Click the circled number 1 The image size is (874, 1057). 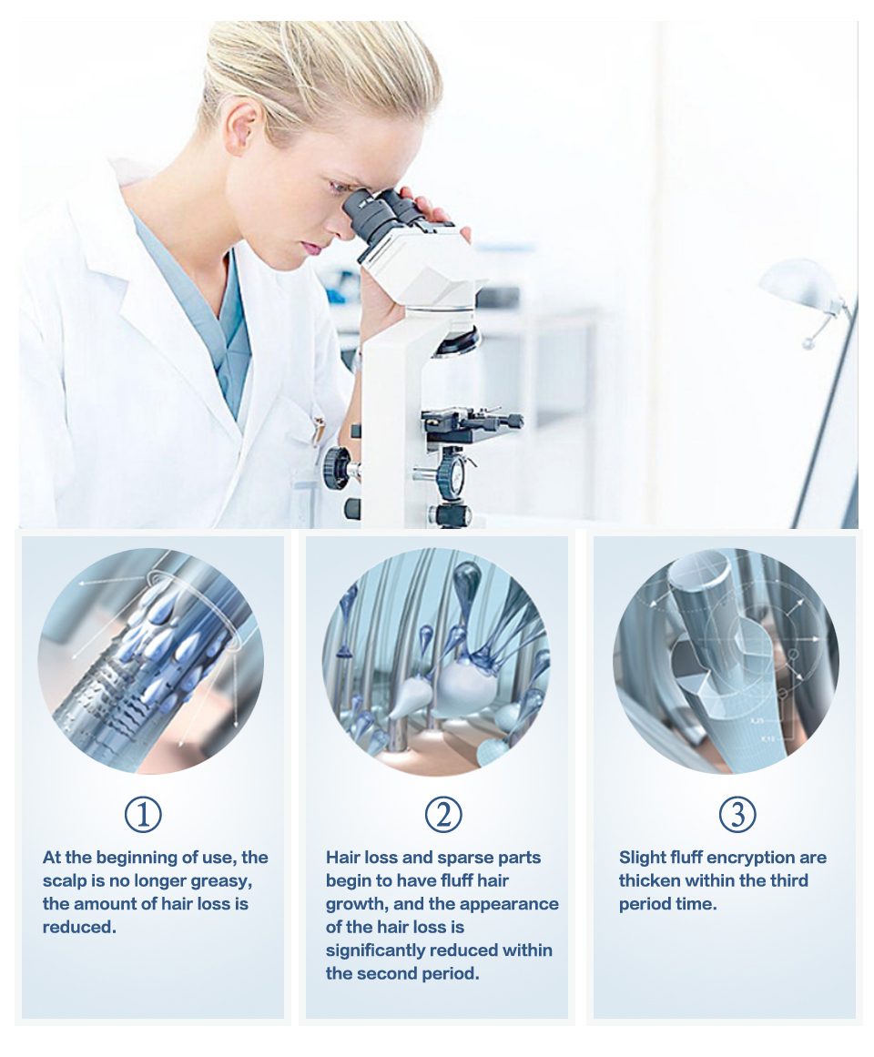tap(144, 814)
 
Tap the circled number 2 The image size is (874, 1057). tap(442, 814)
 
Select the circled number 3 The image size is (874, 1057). tap(737, 814)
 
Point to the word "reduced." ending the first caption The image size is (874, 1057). tap(79, 927)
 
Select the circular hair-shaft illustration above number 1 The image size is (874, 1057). tap(149, 661)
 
